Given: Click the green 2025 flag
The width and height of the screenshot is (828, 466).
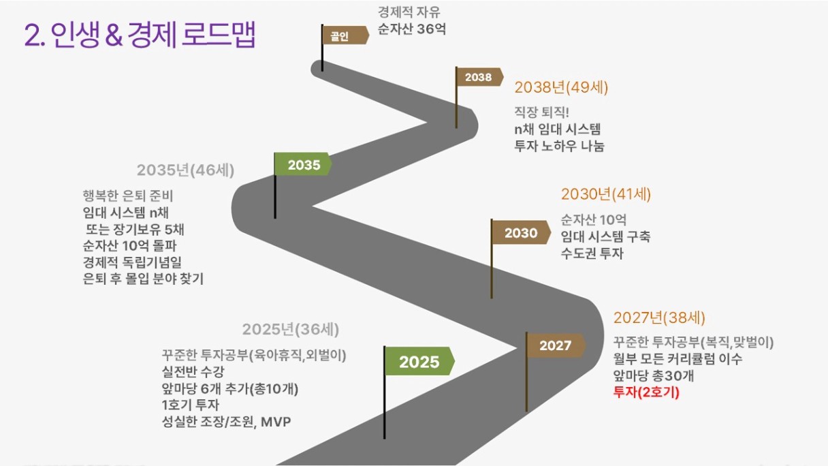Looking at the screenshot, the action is click(x=419, y=361).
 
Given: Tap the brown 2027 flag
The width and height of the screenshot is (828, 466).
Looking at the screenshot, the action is click(x=556, y=345).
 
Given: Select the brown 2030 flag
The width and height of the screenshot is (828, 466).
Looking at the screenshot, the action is click(x=521, y=232).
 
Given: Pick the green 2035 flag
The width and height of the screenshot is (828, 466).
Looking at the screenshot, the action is click(x=303, y=164).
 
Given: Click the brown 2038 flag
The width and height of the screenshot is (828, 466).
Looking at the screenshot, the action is click(x=479, y=77).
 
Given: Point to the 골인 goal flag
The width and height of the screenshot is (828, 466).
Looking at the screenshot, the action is click(x=345, y=35).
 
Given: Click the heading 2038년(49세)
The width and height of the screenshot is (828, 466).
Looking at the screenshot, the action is click(x=561, y=88).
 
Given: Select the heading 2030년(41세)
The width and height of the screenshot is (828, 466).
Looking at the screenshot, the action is click(x=606, y=194).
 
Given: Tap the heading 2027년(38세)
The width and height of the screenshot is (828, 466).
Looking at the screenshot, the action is click(x=659, y=317).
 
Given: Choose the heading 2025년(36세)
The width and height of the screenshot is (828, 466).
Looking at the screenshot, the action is click(x=291, y=329).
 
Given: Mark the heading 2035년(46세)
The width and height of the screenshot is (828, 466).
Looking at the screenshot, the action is click(x=186, y=170).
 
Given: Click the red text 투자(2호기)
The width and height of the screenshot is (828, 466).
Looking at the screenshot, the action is click(x=646, y=392).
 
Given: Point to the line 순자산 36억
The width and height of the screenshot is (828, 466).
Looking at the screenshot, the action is click(x=411, y=29).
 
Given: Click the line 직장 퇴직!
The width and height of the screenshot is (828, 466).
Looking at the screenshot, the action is click(x=541, y=112).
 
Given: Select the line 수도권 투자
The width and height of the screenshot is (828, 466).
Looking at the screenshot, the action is click(x=592, y=253).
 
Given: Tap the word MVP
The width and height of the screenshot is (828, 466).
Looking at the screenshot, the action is click(x=276, y=422).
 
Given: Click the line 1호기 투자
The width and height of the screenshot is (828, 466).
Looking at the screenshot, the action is click(x=191, y=405).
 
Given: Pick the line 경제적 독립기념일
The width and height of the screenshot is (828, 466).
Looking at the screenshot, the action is click(x=132, y=262).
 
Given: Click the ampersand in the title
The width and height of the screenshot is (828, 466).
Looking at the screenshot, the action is click(x=114, y=35).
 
